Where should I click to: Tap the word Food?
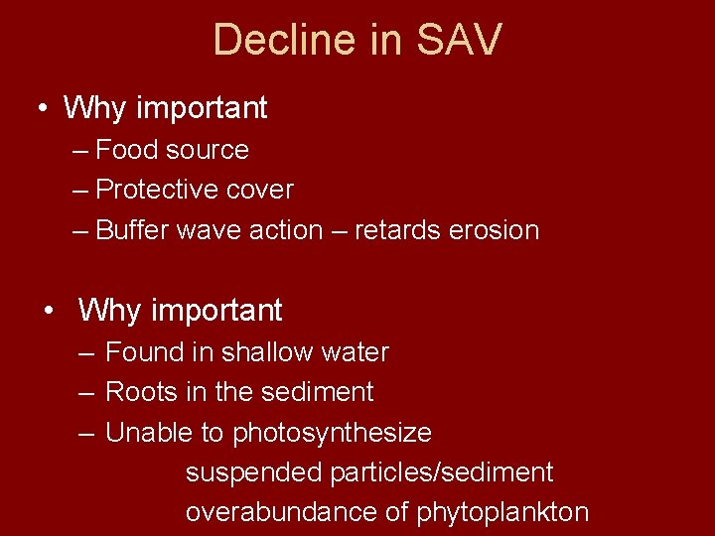pos(126,150)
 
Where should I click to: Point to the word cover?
pos(260,190)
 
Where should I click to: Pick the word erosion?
pos(494,230)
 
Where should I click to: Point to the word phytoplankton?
pos(502,512)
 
